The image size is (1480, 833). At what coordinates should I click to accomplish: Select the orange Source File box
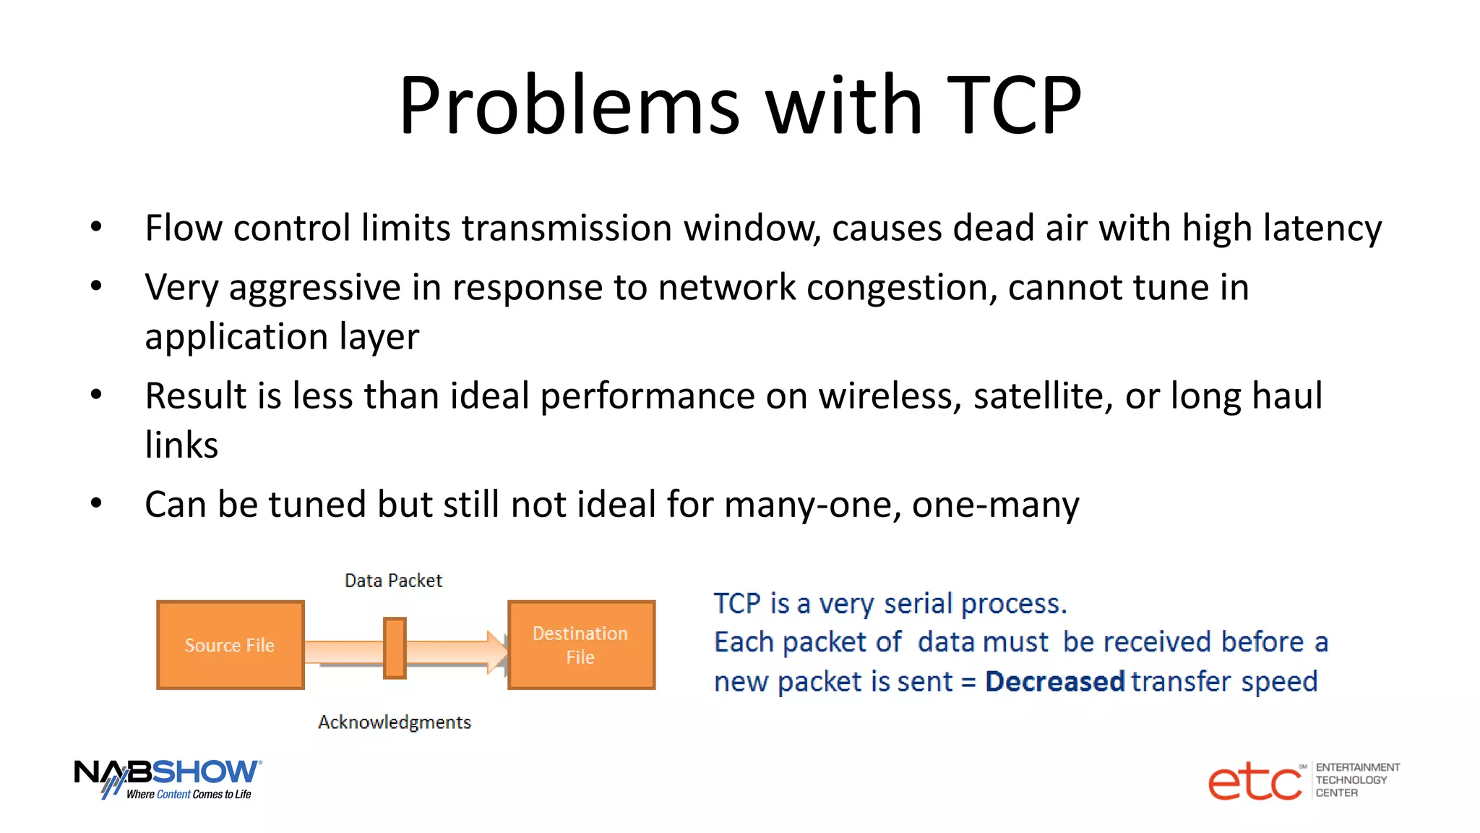tap(230, 644)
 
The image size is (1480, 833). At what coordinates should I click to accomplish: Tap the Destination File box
tap(581, 644)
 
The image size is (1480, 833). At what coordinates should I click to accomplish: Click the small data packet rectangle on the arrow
tap(395, 648)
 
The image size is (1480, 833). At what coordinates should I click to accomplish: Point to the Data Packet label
tap(393, 581)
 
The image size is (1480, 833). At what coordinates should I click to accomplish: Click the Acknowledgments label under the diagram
tap(395, 722)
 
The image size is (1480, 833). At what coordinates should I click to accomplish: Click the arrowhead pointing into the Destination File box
tap(498, 651)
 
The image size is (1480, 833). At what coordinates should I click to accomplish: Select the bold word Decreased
tap(1054, 681)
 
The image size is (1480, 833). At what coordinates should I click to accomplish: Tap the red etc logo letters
tap(1255, 782)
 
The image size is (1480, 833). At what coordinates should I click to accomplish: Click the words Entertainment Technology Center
tap(1356, 780)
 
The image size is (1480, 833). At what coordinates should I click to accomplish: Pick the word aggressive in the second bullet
tap(314, 289)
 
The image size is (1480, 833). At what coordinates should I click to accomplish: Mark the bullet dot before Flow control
tap(96, 228)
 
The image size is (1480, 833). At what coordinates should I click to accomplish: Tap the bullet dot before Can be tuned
tap(96, 503)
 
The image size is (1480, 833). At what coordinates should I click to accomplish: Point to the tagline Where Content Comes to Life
tap(189, 794)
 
